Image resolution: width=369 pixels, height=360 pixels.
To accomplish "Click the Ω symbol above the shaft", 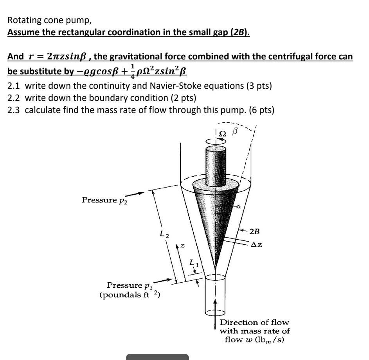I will point(222,134).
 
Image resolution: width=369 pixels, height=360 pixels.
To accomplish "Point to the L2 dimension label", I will point(164,235).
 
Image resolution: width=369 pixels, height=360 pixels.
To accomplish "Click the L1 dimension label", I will point(193,263).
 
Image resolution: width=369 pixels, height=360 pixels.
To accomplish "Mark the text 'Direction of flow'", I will point(254,322).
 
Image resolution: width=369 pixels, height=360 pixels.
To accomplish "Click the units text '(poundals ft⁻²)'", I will point(129,294).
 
